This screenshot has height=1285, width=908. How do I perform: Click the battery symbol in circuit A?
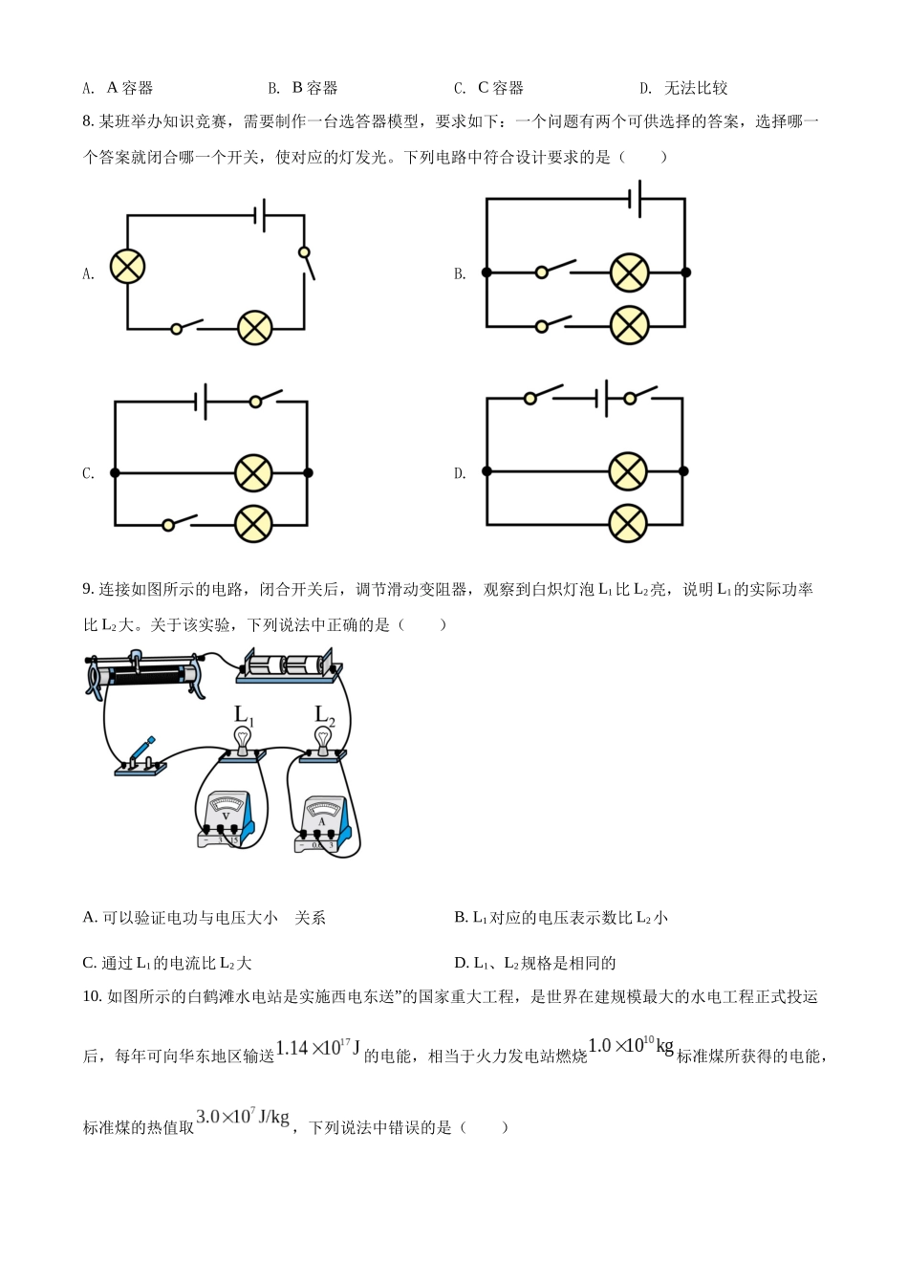[260, 215]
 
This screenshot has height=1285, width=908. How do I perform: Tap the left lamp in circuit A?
[127, 267]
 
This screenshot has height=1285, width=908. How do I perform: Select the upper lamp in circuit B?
[629, 272]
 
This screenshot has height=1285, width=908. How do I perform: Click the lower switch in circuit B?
[551, 324]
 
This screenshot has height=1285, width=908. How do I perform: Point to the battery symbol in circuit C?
[201, 402]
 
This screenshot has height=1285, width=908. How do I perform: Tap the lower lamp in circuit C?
[253, 524]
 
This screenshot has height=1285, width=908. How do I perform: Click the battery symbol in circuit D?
[602, 398]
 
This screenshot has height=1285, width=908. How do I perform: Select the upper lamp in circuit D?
[628, 471]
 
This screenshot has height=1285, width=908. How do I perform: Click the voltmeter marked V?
[225, 819]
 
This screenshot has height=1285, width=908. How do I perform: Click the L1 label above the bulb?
[244, 716]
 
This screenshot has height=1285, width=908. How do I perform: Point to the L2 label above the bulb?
[325, 716]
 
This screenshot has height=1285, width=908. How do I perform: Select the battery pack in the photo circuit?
[289, 665]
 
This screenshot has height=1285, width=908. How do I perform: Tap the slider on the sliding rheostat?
[137, 660]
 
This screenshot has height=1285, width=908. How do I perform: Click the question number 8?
[88, 121]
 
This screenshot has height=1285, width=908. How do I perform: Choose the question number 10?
[92, 996]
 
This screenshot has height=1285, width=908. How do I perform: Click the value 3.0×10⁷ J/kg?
[243, 1117]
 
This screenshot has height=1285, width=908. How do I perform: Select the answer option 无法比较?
[696, 88]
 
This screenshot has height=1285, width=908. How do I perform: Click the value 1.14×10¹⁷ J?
[317, 1048]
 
